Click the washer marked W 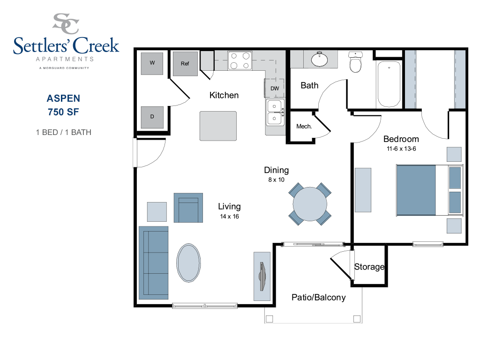pos(152,63)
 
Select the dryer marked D pos(152,117)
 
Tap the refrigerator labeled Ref pos(185,63)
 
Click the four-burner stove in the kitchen pos(240,60)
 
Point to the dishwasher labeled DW pos(275,88)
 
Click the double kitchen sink pos(275,112)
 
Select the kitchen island pos(218,126)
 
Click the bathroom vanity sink pos(319,59)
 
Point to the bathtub pos(389,84)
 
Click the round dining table pos(310,204)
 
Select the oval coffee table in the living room pos(188,262)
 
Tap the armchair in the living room pos(188,208)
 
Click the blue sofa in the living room pos(154,262)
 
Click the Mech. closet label pos(304,127)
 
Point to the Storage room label pos(369,267)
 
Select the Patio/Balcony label pos(319,297)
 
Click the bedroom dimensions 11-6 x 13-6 pos(401,149)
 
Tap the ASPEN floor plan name pos(63,98)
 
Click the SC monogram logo pos(66,23)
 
